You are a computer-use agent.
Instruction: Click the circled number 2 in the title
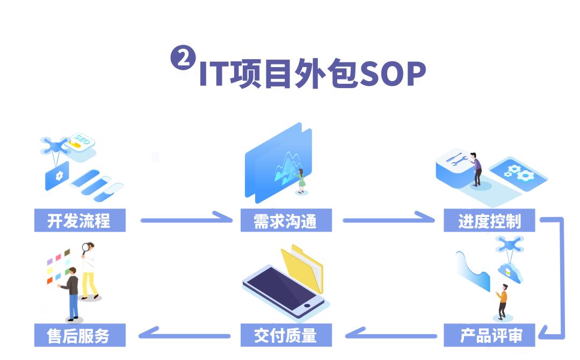tap(183, 59)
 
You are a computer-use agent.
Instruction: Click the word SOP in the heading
tap(392, 74)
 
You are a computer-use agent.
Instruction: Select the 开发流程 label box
tap(79, 220)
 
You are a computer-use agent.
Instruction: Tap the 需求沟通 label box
tap(286, 220)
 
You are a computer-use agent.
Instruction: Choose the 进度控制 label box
tap(489, 220)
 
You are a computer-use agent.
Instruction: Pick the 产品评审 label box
tap(489, 335)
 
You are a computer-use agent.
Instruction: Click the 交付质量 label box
tap(286, 335)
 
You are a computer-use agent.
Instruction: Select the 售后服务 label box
tap(79, 335)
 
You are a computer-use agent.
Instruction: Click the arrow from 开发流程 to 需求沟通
tap(185, 219)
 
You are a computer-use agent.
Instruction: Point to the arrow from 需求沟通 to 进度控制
tap(388, 219)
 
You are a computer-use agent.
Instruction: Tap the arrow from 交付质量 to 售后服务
tap(185, 334)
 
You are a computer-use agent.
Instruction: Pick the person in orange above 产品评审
tap(503, 301)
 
